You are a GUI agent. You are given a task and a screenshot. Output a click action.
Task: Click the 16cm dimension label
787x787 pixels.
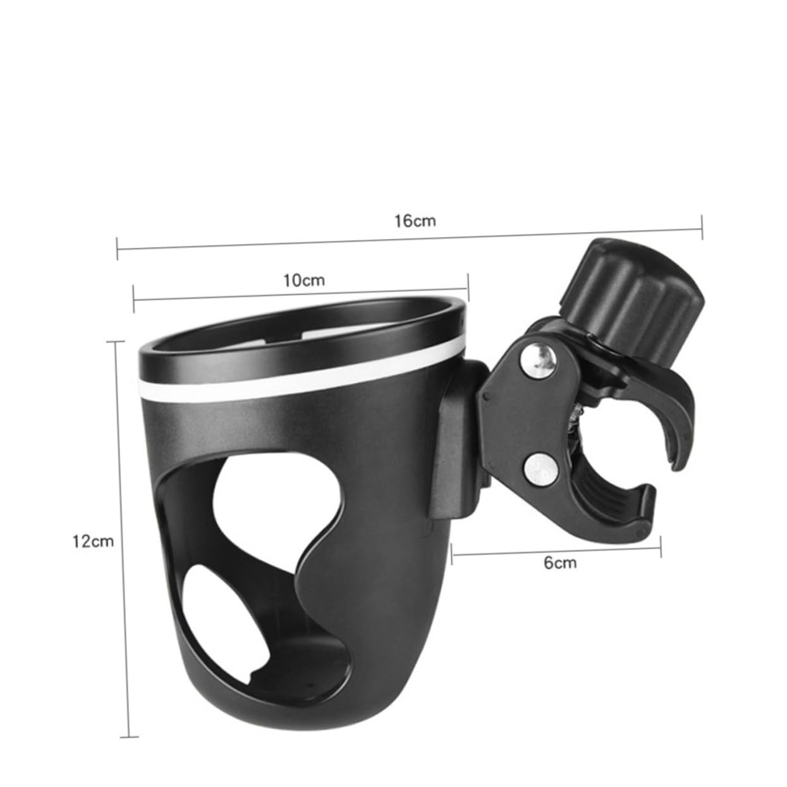coord(415,221)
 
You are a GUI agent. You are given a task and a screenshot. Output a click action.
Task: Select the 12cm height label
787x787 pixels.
coord(94,541)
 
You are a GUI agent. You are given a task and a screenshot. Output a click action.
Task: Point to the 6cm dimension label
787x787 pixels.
coord(560,562)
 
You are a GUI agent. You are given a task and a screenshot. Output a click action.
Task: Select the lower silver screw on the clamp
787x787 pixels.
coord(538,465)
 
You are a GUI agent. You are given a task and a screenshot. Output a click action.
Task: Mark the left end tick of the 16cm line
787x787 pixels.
coord(118,248)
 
